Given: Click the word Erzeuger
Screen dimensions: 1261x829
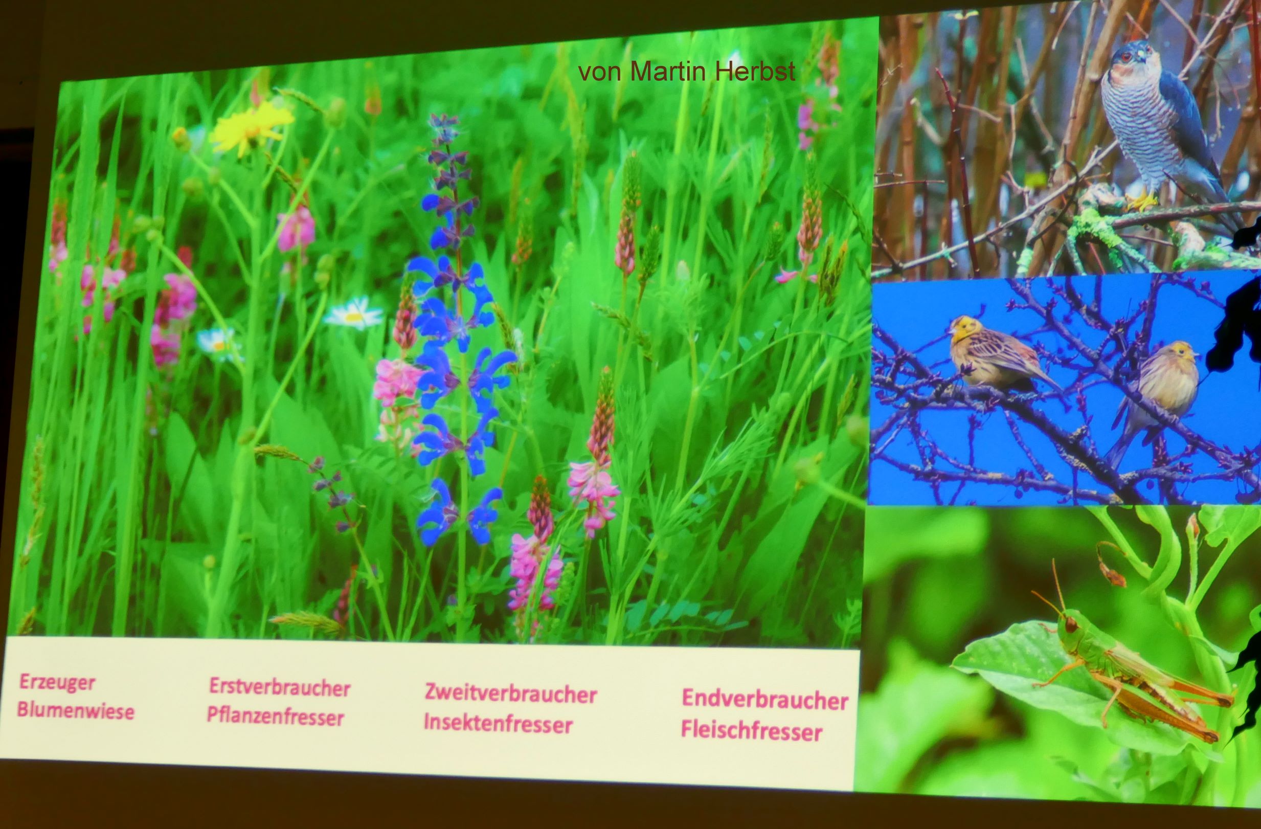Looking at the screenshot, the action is point(57,683).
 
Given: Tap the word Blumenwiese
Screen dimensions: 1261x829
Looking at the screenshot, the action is point(75,710).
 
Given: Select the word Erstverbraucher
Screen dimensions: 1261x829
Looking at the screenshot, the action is point(280,687).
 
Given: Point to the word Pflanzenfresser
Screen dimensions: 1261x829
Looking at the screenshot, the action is point(276,716).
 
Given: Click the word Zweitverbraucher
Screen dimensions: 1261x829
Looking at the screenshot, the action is point(511,694).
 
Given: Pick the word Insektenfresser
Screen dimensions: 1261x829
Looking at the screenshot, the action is point(498,724).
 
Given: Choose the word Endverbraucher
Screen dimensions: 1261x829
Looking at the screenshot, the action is point(764,700).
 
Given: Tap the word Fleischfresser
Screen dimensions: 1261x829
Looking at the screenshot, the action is point(751,731).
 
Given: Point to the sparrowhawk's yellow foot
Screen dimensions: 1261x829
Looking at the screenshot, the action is point(1140,200).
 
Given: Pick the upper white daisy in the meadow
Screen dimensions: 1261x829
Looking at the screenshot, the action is point(353,314).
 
